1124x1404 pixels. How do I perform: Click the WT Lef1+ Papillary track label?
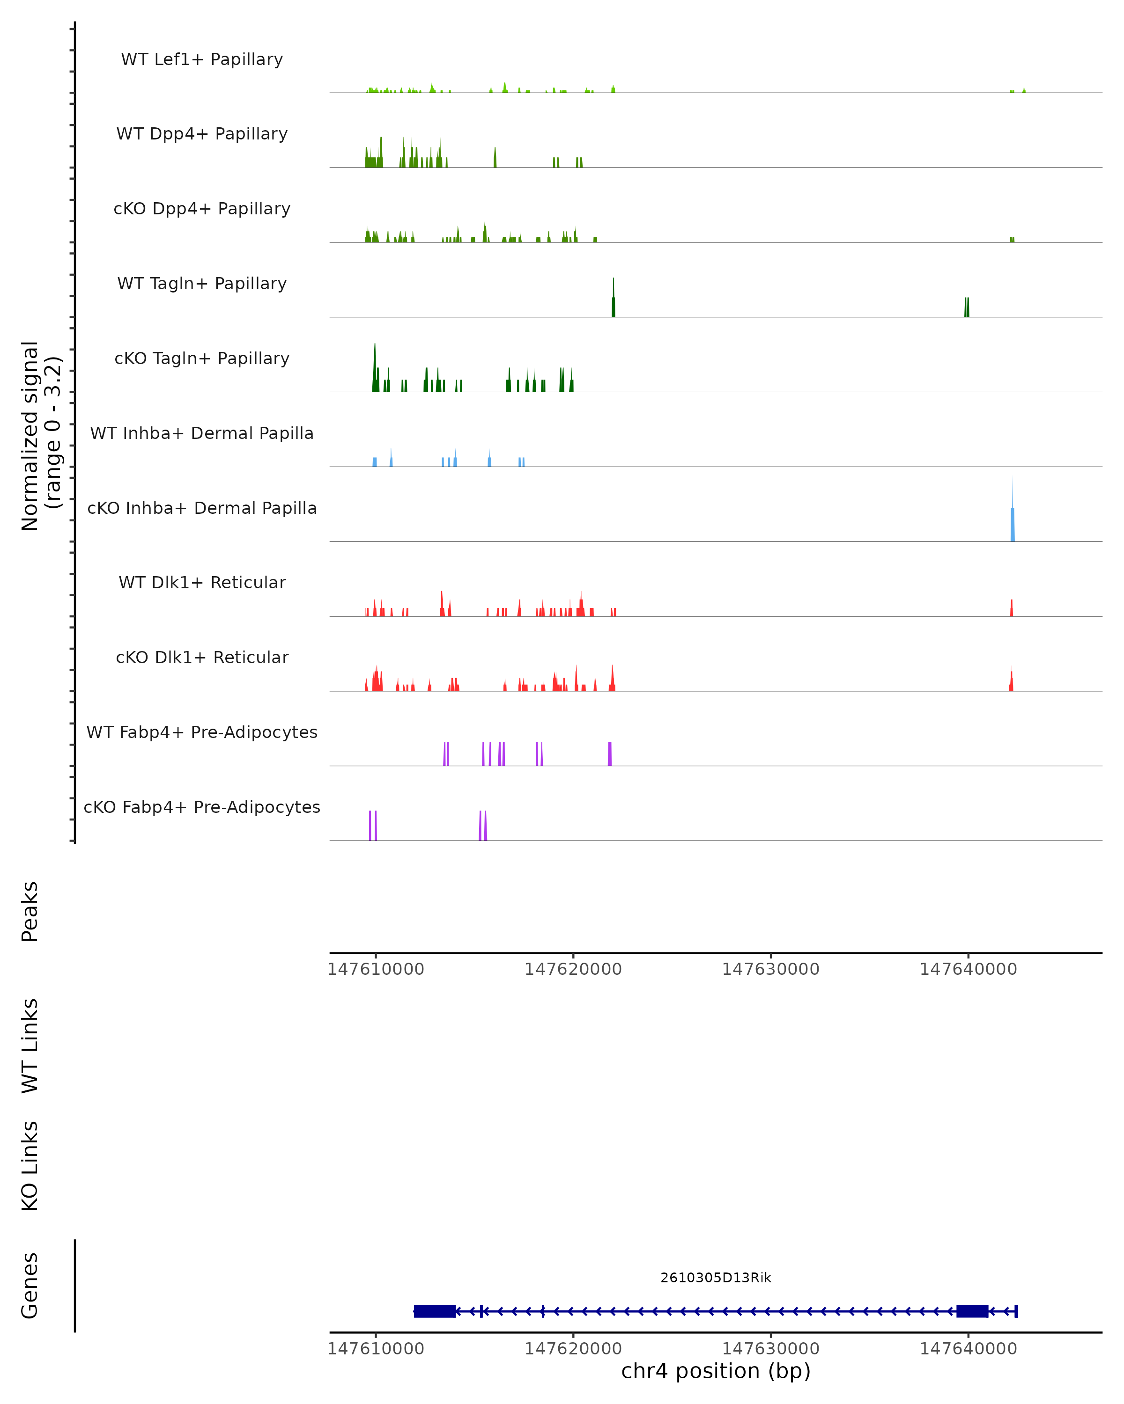(202, 59)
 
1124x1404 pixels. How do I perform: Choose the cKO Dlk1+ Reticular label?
(202, 657)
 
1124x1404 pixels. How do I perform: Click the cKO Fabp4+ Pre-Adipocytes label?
(202, 807)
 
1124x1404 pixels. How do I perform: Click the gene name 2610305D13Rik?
(716, 1278)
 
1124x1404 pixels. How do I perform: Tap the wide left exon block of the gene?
(435, 1311)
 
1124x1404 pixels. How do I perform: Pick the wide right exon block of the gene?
(972, 1311)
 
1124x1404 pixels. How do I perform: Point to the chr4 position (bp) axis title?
(716, 1371)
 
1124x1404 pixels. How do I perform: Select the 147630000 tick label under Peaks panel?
(770, 969)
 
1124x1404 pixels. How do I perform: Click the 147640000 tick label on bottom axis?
(968, 1349)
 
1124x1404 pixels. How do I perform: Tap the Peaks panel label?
(30, 912)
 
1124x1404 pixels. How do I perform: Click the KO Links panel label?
(30, 1166)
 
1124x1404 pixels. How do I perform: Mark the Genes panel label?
(30, 1286)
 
